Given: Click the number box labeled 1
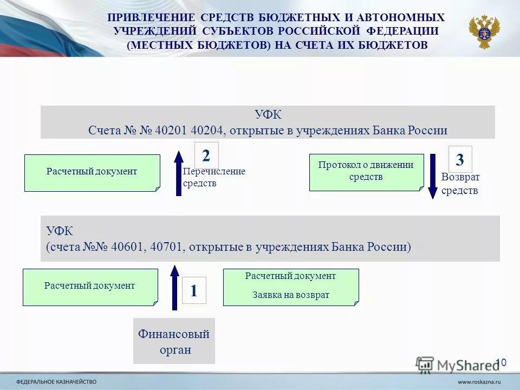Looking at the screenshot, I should click(193, 290).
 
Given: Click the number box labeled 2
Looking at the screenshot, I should click(206, 156).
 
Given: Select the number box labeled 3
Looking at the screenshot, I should click(460, 159).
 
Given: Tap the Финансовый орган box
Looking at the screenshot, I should click(174, 341).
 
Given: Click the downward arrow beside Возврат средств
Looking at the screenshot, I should click(432, 177).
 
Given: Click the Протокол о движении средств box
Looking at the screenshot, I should click(366, 172).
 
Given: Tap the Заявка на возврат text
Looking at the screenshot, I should click(291, 295).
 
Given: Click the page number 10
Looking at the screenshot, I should click(500, 362).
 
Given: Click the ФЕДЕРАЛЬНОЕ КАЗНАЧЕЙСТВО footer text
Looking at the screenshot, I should click(56, 381).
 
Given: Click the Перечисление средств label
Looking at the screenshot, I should click(213, 177).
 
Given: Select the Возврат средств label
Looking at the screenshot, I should click(460, 184).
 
